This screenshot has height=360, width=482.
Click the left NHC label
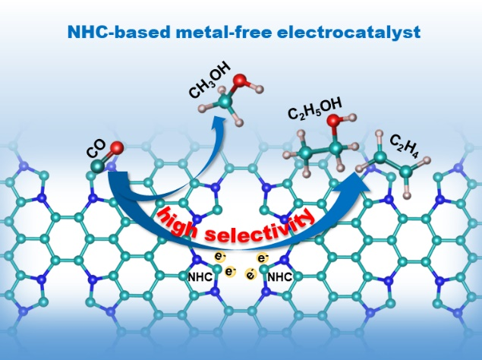click(x=200, y=277)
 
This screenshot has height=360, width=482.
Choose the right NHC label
click(x=281, y=277)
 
